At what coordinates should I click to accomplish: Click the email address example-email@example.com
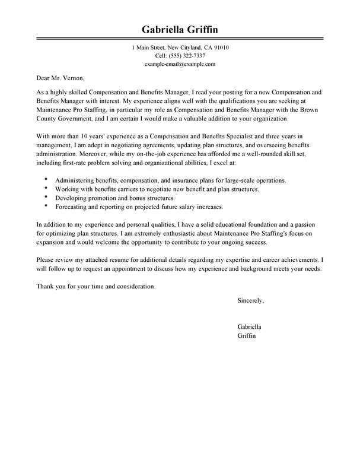[180, 64]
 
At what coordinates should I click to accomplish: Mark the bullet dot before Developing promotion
[46, 196]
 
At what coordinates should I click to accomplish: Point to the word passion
[308, 226]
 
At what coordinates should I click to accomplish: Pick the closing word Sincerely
[250, 300]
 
